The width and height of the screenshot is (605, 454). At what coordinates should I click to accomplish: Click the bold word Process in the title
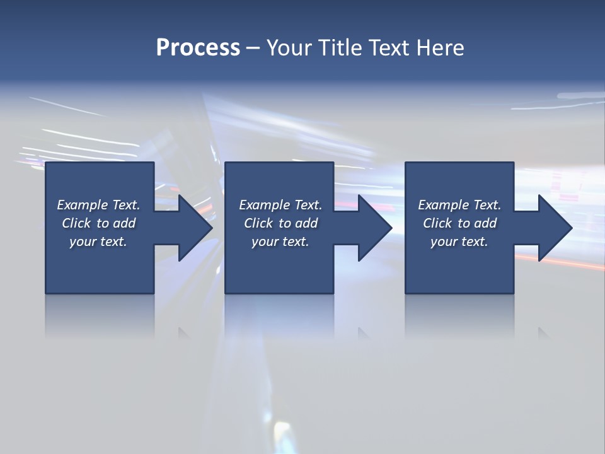(x=198, y=48)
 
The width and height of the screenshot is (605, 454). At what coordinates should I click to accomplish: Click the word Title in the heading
(x=339, y=48)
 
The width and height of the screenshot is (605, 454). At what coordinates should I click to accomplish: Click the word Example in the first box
(x=83, y=205)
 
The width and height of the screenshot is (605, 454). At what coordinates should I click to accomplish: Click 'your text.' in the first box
(x=98, y=242)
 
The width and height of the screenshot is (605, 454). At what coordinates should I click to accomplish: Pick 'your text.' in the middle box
(x=280, y=242)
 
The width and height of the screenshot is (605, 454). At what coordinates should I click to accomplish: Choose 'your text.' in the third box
(x=459, y=242)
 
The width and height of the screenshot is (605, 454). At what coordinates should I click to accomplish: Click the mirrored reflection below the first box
(x=100, y=315)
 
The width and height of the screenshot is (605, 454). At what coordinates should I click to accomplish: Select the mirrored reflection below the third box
(x=459, y=315)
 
